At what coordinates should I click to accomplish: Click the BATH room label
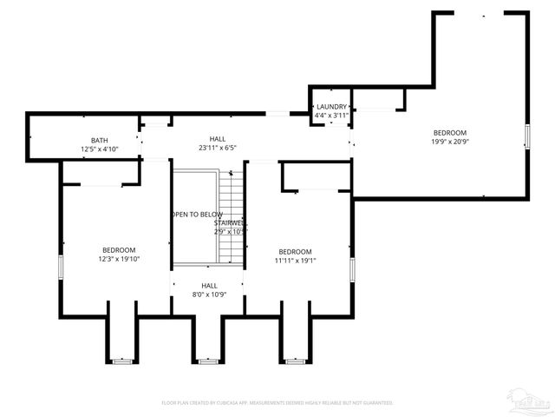(x=100, y=140)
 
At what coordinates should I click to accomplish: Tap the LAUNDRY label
(x=331, y=107)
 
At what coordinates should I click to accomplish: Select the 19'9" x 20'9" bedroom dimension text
(x=450, y=141)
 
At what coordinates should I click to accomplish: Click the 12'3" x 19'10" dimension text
(x=119, y=258)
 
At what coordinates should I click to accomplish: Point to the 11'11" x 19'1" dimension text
(x=296, y=259)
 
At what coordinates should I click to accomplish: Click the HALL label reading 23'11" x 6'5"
(x=218, y=148)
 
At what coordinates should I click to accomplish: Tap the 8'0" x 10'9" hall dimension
(x=209, y=295)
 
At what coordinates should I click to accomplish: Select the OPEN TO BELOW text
(x=197, y=215)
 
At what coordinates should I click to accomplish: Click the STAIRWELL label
(x=231, y=223)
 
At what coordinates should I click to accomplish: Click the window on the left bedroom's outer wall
(x=60, y=267)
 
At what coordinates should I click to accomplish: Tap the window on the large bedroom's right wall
(x=527, y=137)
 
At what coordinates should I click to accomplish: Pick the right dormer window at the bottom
(x=294, y=360)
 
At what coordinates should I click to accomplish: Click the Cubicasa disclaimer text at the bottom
(x=277, y=403)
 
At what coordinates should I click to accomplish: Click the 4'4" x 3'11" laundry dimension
(x=331, y=115)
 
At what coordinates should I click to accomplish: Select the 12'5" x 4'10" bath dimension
(x=100, y=149)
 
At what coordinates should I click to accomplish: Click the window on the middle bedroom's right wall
(x=352, y=268)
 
